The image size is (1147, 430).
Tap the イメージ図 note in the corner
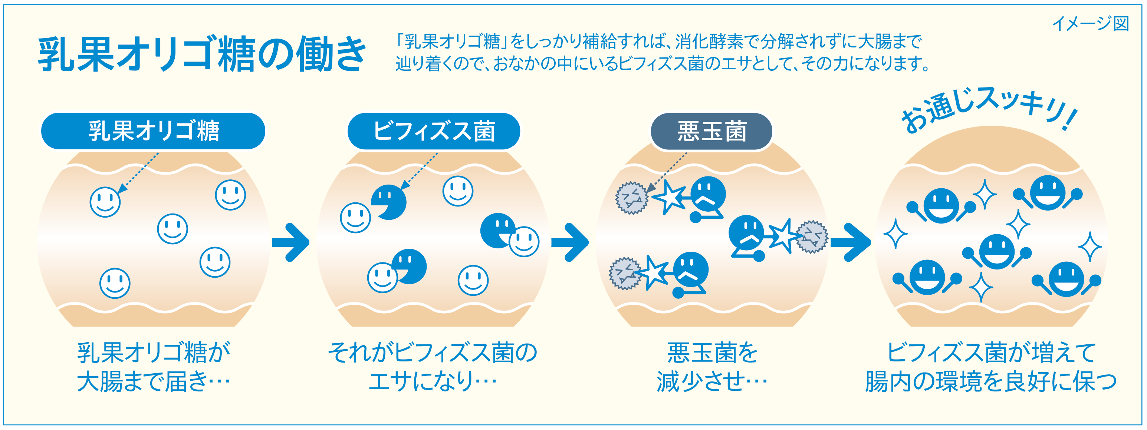tap(1090, 24)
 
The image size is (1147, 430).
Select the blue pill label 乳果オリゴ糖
tap(153, 131)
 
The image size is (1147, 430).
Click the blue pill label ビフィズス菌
tap(434, 131)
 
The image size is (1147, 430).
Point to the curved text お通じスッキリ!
tap(989, 109)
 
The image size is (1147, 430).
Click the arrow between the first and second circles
tap(292, 242)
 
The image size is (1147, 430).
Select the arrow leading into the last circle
tap(851, 242)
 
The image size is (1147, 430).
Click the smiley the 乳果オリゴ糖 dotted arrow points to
tap(105, 202)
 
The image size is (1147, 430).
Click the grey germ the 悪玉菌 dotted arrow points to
tap(631, 198)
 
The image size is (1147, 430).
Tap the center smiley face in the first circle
tap(173, 229)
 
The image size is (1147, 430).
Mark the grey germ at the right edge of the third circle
tap(812, 237)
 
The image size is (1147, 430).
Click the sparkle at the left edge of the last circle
tap(895, 234)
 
